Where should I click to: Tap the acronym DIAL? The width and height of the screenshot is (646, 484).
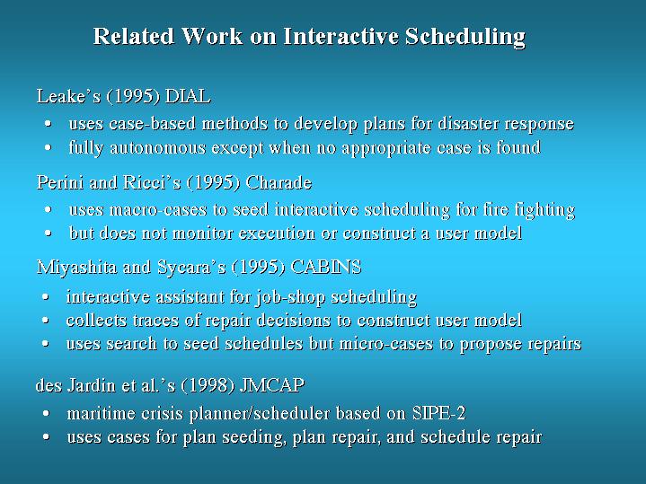tap(188, 96)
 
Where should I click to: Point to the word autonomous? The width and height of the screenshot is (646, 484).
tap(158, 148)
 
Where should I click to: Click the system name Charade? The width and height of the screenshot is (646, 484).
tap(279, 182)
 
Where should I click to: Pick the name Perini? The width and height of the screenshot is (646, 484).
tap(60, 182)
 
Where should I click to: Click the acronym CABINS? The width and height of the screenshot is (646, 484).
tap(326, 267)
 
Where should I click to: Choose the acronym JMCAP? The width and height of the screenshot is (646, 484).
tap(272, 385)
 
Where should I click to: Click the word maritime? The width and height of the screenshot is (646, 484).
tap(101, 414)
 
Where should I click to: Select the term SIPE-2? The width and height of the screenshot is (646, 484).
tap(439, 414)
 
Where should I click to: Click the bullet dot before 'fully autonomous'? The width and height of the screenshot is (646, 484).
tap(49, 148)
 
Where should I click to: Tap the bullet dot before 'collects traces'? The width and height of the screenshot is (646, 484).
tap(45, 321)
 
